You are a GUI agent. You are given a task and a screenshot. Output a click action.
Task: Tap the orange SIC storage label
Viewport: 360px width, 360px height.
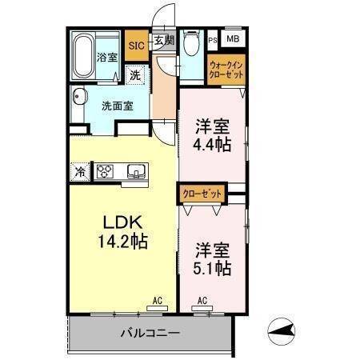pos(135,46)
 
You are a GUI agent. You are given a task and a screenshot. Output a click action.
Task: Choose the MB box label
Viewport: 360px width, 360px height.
pos(232,38)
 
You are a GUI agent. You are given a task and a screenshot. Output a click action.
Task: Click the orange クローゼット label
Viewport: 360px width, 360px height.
pos(202,193)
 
